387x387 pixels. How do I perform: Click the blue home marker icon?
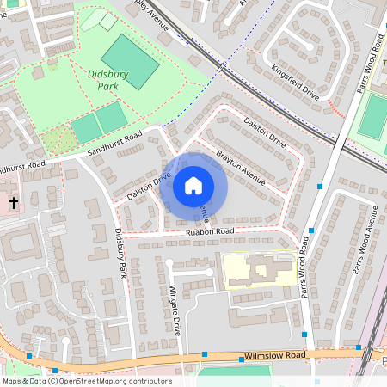click(x=193, y=186)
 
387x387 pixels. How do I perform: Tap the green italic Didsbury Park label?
click(x=108, y=80)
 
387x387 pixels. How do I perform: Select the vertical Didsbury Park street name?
click(x=121, y=252)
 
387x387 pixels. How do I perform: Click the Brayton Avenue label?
click(x=240, y=166)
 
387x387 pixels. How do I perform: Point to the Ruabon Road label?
click(x=210, y=231)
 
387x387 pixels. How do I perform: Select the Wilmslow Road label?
click(x=275, y=354)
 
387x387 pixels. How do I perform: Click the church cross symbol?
click(x=14, y=204)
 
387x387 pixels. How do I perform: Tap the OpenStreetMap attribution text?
click(x=86, y=381)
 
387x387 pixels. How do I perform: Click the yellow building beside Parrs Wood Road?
click(x=255, y=270)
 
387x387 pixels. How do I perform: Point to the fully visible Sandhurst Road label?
click(x=114, y=144)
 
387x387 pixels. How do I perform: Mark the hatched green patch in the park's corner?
click(x=57, y=138)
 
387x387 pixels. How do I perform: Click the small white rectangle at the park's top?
click(x=108, y=21)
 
